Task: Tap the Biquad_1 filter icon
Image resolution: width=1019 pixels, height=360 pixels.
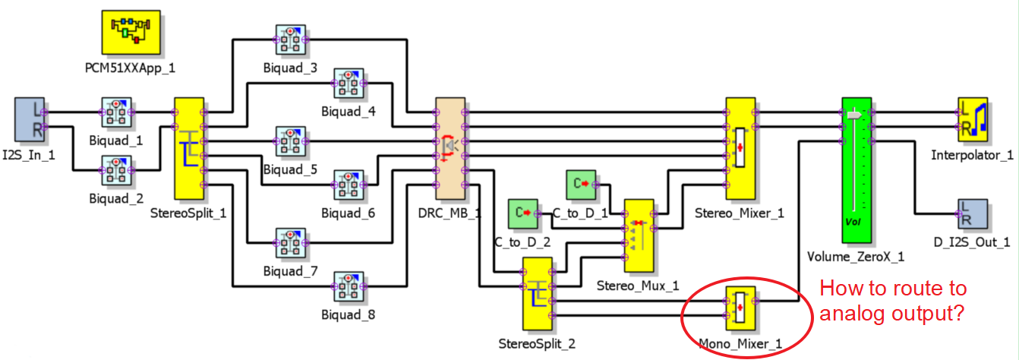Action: pos(116,112)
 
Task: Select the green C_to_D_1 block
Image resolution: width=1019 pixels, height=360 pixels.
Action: pos(582,184)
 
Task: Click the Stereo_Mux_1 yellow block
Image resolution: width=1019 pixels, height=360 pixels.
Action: pos(639,235)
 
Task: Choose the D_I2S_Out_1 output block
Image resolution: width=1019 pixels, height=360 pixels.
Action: pos(972,214)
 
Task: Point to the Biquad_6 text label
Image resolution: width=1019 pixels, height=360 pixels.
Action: pos(348,213)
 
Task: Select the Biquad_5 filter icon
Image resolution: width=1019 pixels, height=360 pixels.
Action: pos(289,142)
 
